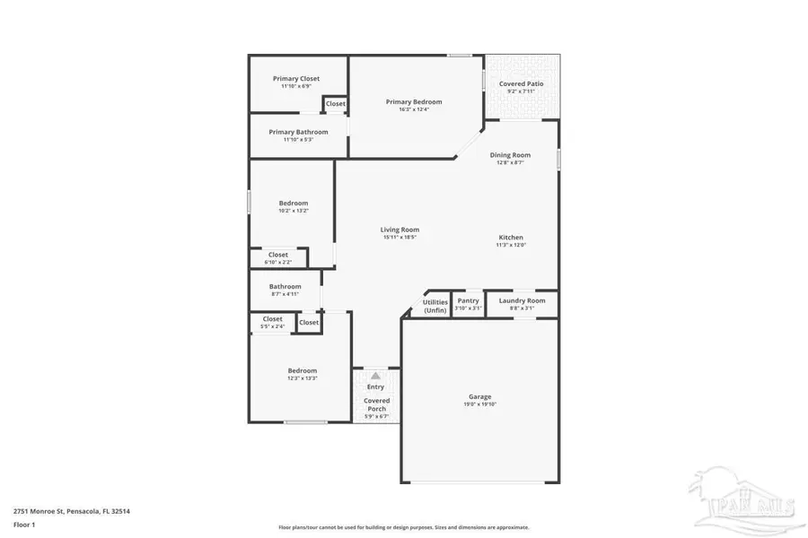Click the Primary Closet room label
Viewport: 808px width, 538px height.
tap(296, 79)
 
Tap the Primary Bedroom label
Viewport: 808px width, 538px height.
tap(414, 101)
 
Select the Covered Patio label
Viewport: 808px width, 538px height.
tap(521, 83)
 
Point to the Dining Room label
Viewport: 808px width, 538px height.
tap(510, 155)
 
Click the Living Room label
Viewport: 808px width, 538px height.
tap(400, 230)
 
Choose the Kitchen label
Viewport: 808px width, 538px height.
tap(511, 238)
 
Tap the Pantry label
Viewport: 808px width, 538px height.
tap(468, 300)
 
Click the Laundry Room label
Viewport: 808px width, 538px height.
tap(522, 300)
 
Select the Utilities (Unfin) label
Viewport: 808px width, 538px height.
tap(435, 306)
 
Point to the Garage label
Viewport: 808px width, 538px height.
tap(479, 396)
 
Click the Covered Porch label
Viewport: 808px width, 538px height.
tap(376, 404)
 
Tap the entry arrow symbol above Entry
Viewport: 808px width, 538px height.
tap(376, 377)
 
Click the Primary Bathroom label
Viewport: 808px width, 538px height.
tap(298, 132)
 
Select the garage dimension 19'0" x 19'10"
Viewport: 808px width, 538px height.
tap(479, 404)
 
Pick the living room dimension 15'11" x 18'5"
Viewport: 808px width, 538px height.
tap(400, 238)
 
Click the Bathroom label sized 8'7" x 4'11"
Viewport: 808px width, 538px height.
tap(285, 287)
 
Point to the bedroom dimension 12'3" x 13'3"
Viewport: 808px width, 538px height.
tap(302, 378)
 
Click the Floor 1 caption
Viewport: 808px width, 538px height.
tap(24, 525)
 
